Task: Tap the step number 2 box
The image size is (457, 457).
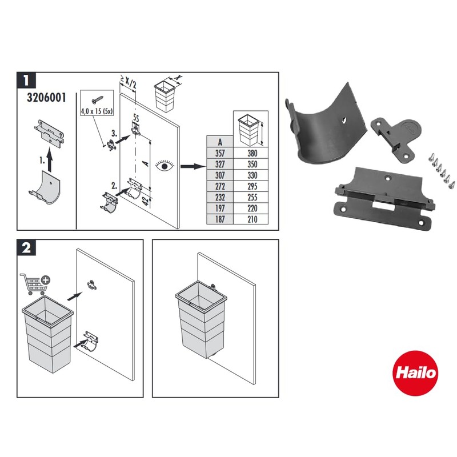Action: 27,248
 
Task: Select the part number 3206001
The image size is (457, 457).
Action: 46,97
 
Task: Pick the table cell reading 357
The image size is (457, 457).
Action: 218,154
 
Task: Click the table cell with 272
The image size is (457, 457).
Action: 218,186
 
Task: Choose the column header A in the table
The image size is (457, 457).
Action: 218,142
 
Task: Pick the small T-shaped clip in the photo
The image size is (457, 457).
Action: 396,134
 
